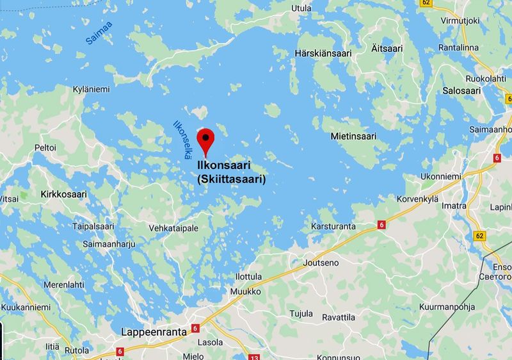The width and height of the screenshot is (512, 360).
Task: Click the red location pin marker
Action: pos(205,140)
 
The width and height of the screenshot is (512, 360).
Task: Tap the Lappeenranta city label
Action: pos(153,332)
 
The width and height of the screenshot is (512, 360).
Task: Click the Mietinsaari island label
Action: pos(354,136)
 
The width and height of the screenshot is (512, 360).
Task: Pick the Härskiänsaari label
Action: pos(324,54)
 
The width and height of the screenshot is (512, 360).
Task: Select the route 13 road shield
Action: pos(255,357)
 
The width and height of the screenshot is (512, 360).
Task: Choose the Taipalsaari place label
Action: pos(93,226)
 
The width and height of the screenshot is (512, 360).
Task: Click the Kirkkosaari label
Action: pos(63,193)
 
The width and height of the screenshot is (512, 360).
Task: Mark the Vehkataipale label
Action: pos(173,228)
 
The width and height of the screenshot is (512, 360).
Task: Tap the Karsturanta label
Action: pos(333,226)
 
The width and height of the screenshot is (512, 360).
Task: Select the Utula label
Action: pos(301,8)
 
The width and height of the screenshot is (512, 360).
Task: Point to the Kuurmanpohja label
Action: pos(447,307)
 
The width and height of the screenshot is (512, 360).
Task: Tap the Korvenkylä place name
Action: pos(417,199)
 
